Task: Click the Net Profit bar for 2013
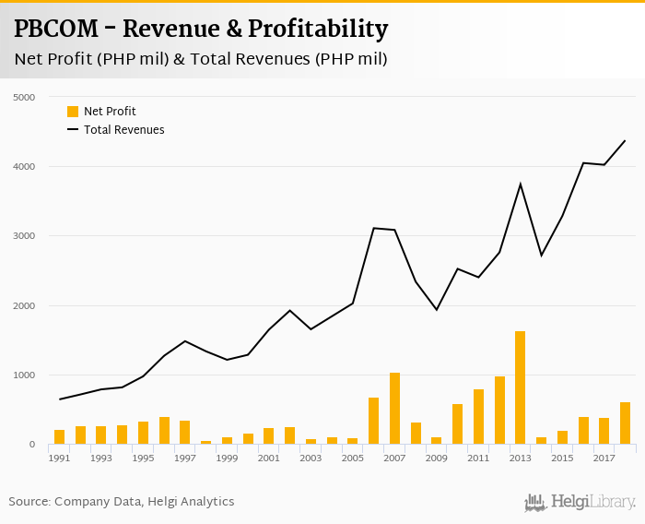[x=521, y=387]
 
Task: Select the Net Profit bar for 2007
[x=394, y=409]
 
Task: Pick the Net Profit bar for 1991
[x=59, y=436]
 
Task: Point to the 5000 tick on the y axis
[x=24, y=97]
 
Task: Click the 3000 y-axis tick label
[x=24, y=236]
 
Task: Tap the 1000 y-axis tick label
[x=24, y=375]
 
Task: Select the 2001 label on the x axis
[x=268, y=458]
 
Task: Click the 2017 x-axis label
[x=604, y=458]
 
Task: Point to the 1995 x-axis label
[x=143, y=458]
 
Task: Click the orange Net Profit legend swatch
[x=73, y=112]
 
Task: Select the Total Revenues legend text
[x=123, y=130]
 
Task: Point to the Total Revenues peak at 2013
[x=521, y=184]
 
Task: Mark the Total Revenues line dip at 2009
[x=437, y=309]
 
